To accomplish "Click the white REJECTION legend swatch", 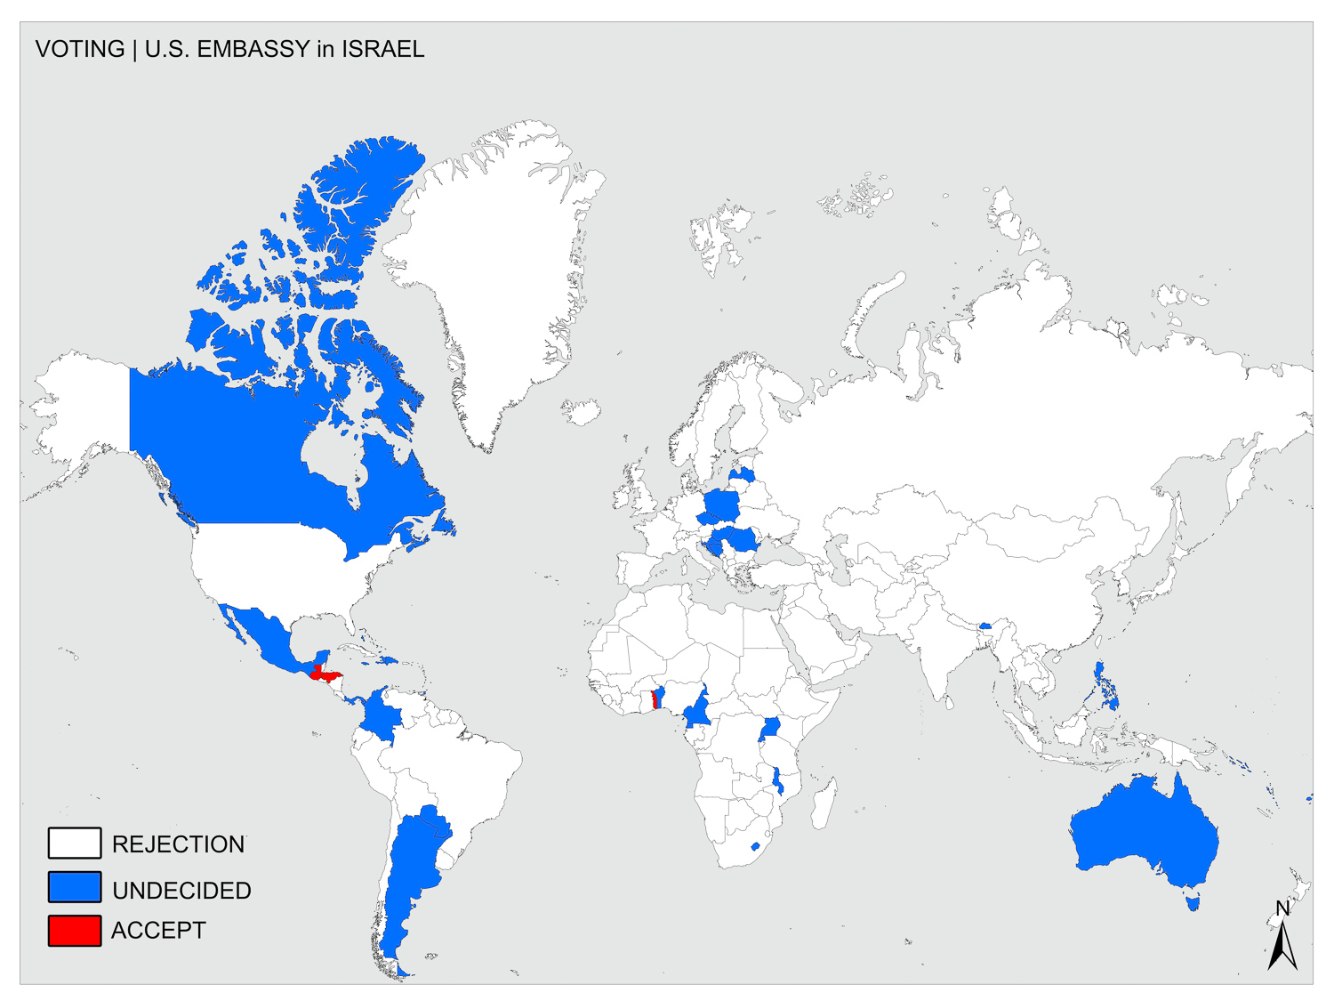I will (x=74, y=843).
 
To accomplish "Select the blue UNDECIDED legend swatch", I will (x=74, y=887).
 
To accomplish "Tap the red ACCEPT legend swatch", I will (x=74, y=931).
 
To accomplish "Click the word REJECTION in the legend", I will (x=178, y=844).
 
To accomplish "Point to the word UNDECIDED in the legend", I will (x=181, y=890).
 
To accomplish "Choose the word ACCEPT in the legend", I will (x=158, y=931).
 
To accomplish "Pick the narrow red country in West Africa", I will (x=656, y=698).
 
